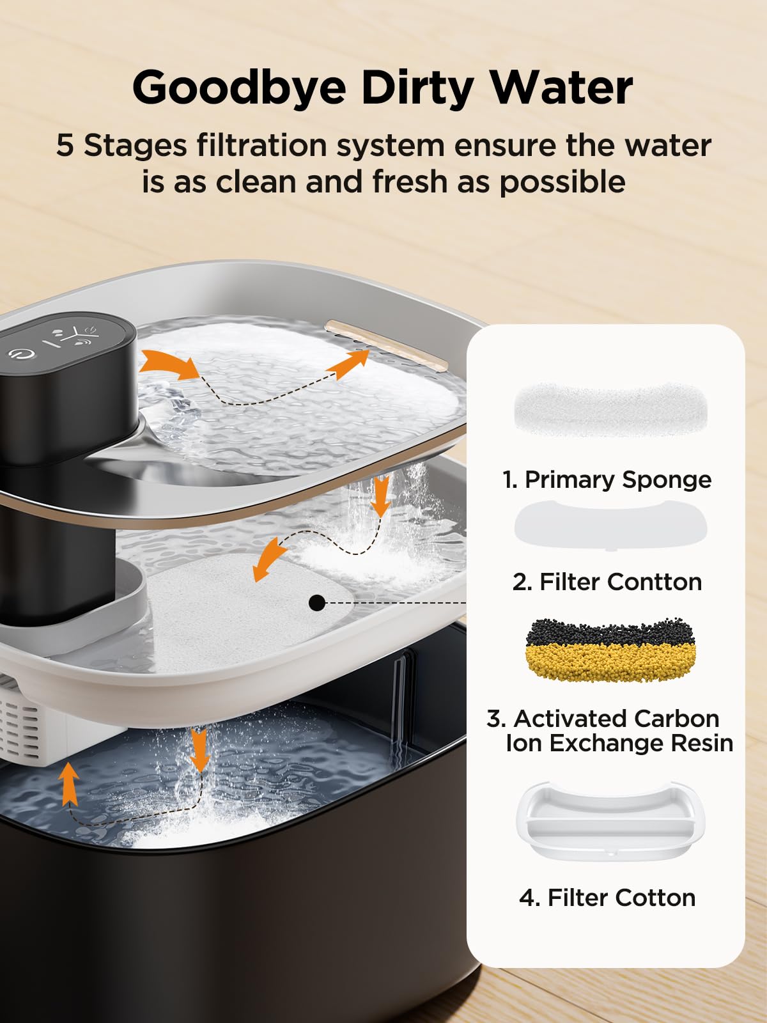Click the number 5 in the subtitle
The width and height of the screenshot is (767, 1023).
[65, 145]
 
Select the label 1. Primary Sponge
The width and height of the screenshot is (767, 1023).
[607, 480]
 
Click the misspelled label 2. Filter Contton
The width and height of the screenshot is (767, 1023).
[607, 582]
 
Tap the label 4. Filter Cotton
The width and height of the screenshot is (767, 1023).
[607, 898]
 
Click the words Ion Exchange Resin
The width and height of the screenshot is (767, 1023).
[619, 743]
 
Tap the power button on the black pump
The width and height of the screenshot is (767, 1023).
[20, 354]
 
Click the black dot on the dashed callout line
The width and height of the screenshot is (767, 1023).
[317, 602]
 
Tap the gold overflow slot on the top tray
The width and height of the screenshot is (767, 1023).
[386, 345]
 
